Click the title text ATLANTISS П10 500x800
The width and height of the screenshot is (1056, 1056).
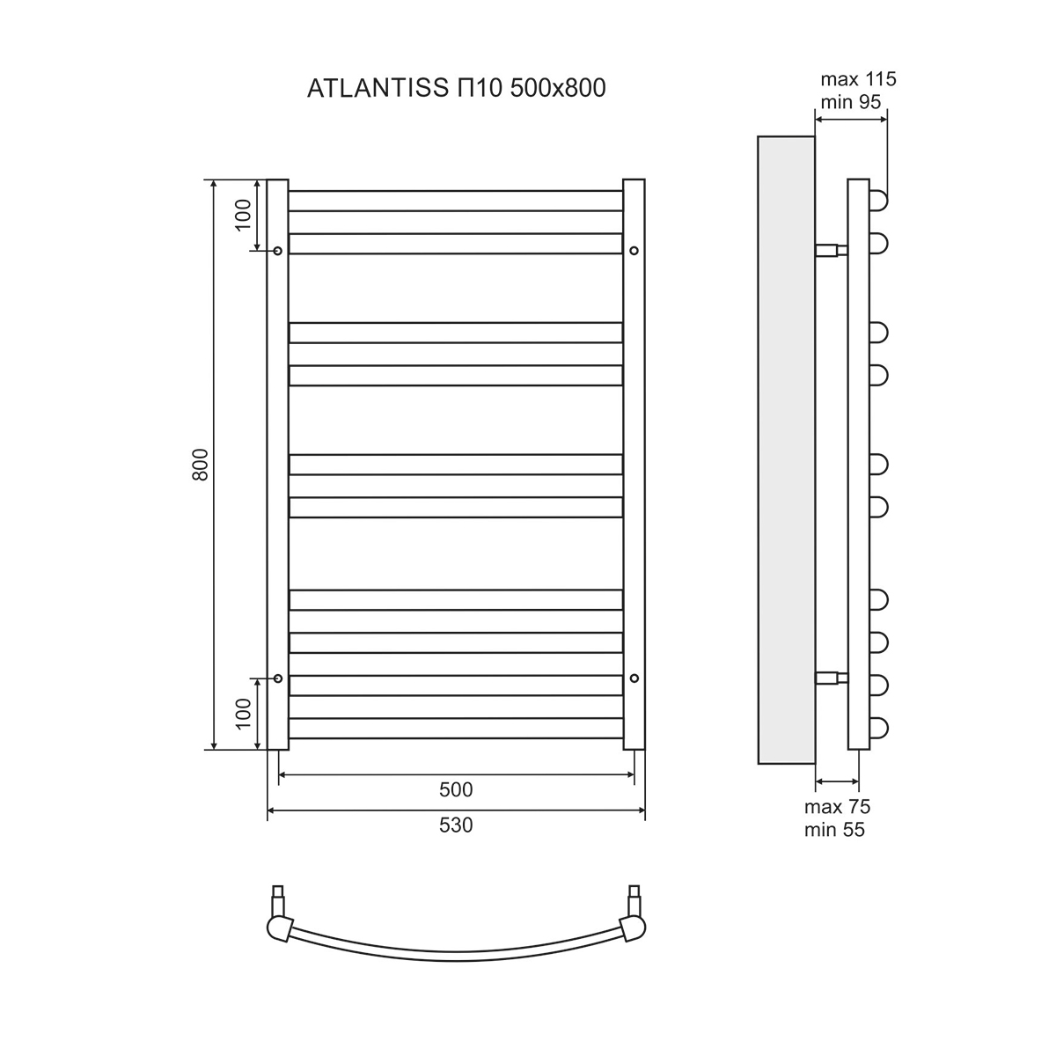pos(456,88)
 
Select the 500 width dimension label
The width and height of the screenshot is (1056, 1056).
pos(456,789)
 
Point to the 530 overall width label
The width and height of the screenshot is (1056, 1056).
pos(456,825)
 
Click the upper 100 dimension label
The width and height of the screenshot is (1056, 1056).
pos(244,214)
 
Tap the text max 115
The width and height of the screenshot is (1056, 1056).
pos(857,79)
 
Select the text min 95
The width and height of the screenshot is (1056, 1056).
pos(850,102)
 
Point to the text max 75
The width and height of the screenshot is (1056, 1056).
pos(837,807)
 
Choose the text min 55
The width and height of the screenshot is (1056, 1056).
pos(834,829)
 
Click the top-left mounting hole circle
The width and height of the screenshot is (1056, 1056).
pos(278,251)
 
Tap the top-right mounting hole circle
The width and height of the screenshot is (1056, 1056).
pos(634,251)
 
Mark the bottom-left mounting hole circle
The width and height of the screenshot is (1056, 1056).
pos(278,678)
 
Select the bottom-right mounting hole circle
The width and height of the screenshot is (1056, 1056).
pos(634,678)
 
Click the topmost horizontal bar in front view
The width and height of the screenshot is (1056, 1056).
pos(455,201)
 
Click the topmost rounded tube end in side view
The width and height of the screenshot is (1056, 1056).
pos(879,201)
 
